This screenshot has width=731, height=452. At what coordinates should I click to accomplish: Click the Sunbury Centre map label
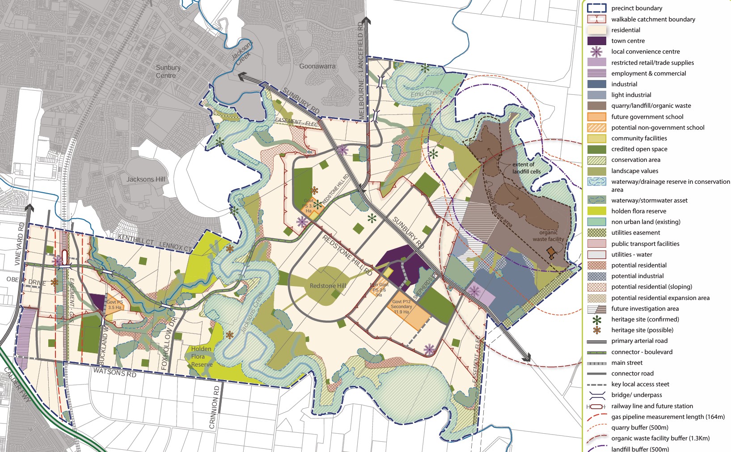(168, 72)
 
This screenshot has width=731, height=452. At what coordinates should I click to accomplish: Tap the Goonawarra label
(317, 66)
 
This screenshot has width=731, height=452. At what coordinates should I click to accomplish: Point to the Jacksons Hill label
(146, 179)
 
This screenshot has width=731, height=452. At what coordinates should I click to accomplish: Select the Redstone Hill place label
(328, 286)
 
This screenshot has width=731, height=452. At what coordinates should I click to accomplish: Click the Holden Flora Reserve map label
(201, 357)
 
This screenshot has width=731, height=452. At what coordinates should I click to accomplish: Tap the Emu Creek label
(427, 93)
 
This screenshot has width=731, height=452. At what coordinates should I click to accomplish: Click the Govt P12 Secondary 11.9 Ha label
(401, 307)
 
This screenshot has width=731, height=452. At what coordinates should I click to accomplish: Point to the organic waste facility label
(548, 236)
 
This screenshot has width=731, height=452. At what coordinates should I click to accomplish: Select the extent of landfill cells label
(526, 168)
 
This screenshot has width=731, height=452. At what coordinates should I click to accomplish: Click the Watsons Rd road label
(114, 372)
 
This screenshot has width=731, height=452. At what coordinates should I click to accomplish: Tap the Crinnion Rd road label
(215, 407)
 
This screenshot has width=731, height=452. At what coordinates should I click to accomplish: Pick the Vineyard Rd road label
(19, 244)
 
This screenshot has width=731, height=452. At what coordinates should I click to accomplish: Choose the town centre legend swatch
(596, 41)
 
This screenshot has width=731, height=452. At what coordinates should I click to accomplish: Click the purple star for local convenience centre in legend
(596, 52)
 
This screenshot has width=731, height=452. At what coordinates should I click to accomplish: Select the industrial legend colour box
(596, 84)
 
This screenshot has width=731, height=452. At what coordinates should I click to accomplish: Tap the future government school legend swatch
(596, 117)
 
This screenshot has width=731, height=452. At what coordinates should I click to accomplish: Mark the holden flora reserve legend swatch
(596, 211)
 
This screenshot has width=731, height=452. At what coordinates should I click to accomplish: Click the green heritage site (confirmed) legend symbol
(596, 320)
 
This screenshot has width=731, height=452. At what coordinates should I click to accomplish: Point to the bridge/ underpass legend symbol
(596, 395)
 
